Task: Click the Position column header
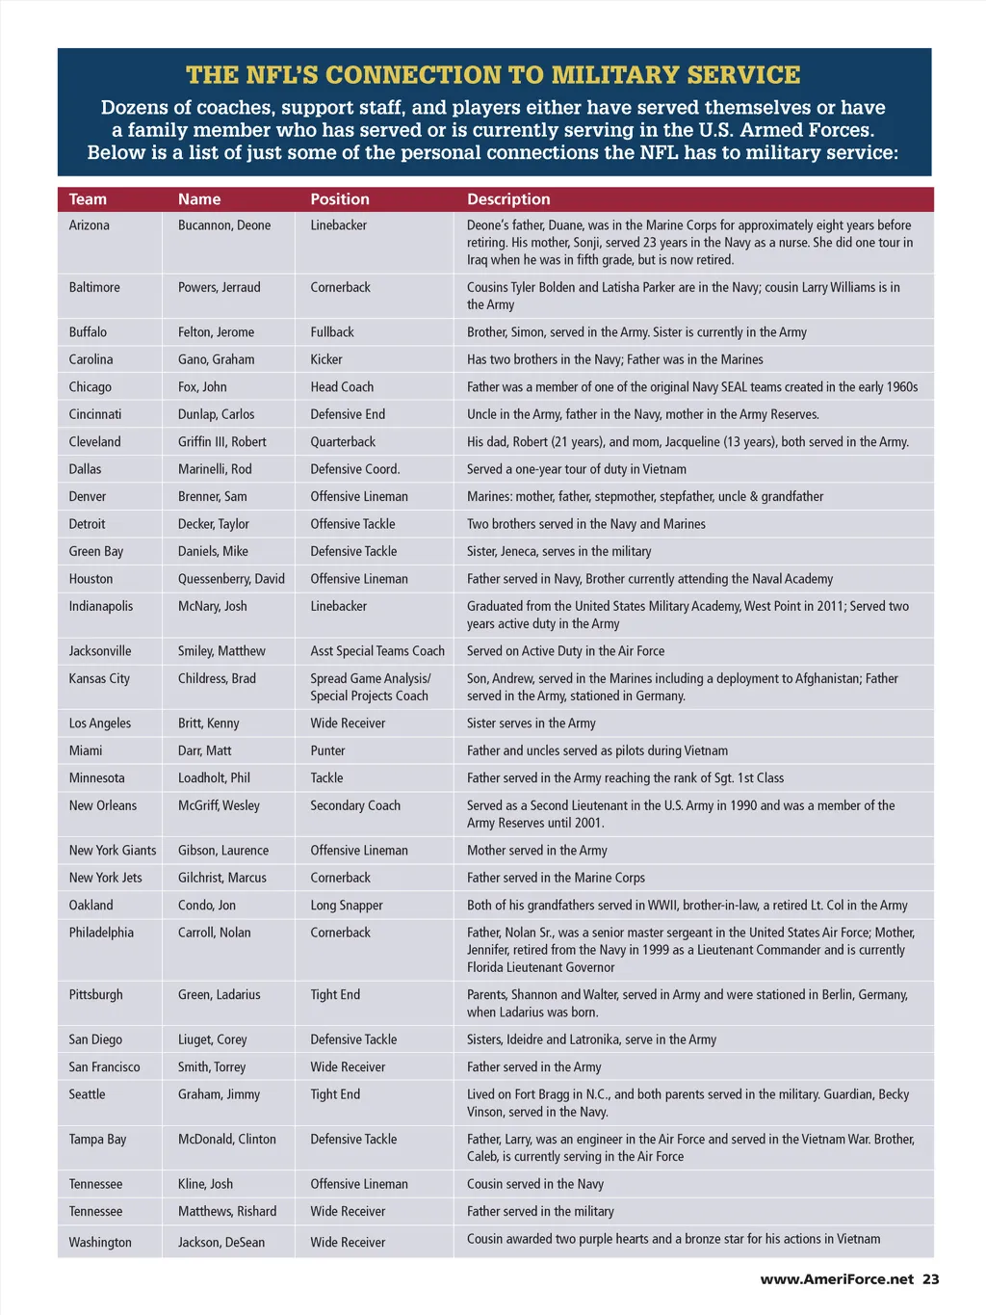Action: coord(339,199)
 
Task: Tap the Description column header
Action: coord(508,199)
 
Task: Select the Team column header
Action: coord(88,199)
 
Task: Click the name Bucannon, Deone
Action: coord(224,225)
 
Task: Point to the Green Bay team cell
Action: coord(95,551)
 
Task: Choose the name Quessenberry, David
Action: coord(231,579)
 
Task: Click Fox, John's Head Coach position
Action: coord(342,387)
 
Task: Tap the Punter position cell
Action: coord(327,750)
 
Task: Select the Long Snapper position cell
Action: coord(347,906)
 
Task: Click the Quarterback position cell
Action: coord(343,442)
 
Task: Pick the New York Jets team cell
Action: coord(105,878)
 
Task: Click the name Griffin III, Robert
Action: coord(222,442)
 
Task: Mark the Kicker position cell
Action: coord(326,359)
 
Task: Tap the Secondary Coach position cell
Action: coord(355,805)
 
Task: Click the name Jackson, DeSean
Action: coord(221,1243)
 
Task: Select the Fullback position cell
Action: coord(332,332)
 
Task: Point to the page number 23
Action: coord(930,1279)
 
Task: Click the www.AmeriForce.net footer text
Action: coord(837,1279)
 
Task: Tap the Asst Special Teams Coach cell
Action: coord(377,651)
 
